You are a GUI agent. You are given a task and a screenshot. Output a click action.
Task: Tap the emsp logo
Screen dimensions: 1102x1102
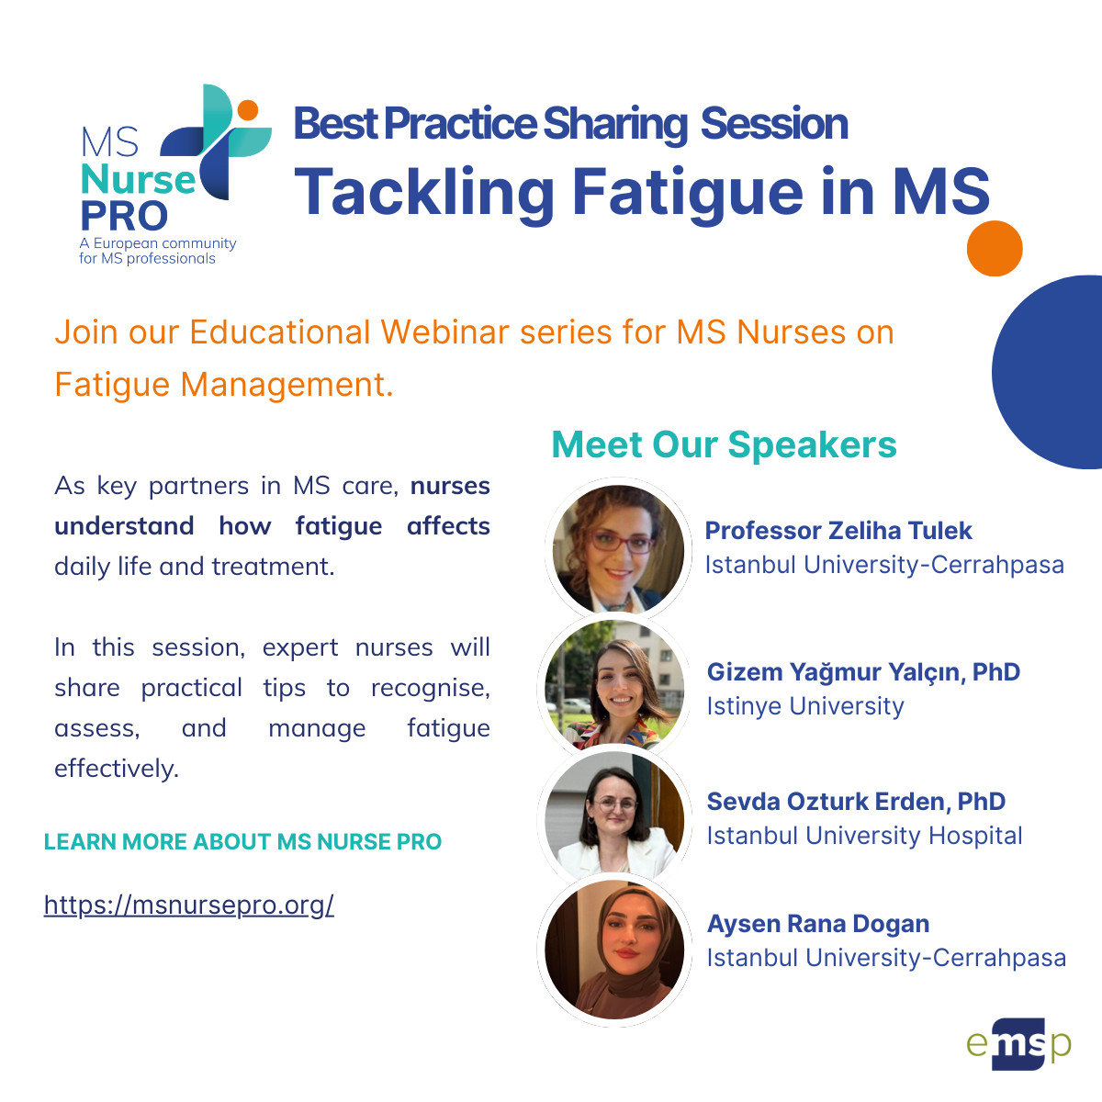click(1018, 1043)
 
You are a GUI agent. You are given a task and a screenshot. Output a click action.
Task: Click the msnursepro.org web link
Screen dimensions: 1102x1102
click(189, 905)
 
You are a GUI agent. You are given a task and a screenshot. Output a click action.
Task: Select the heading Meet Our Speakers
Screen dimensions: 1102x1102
click(724, 444)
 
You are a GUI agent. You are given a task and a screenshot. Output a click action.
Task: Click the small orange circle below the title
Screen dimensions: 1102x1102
click(995, 248)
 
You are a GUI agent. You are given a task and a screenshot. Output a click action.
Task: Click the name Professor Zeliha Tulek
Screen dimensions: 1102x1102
click(838, 530)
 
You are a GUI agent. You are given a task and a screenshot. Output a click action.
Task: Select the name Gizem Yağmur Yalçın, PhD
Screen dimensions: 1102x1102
click(863, 672)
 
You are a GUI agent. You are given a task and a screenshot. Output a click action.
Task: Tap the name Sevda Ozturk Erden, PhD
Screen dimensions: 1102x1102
click(856, 801)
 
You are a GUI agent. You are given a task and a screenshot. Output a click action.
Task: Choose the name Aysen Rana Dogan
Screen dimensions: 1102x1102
click(818, 924)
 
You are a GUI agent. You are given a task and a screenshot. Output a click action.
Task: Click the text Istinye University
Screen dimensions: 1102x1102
click(805, 706)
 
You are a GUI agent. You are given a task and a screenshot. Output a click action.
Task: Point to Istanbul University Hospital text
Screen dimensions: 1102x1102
click(864, 836)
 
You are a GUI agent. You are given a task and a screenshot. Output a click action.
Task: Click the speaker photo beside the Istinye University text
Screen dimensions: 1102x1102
click(614, 684)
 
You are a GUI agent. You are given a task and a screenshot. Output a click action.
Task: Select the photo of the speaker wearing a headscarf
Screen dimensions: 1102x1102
click(614, 950)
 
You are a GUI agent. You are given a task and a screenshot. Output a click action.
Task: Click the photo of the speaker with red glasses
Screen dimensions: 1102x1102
click(618, 549)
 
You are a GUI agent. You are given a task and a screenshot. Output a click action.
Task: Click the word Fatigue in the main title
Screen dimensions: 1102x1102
click(688, 193)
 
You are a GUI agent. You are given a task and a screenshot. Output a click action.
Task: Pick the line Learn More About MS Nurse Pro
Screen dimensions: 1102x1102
click(243, 842)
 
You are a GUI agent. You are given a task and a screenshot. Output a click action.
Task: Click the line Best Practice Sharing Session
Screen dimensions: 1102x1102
click(570, 124)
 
